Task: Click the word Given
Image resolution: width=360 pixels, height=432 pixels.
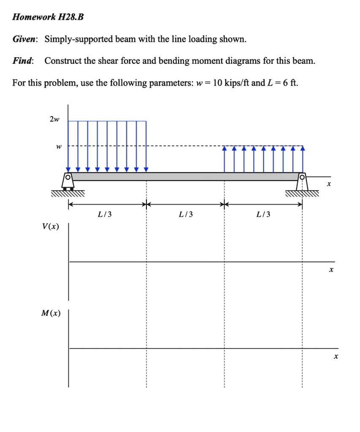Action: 25,40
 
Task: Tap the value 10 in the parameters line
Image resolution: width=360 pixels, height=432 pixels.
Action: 218,82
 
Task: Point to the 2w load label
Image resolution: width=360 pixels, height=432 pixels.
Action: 54,119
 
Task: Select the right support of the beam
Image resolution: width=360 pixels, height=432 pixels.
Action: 302,181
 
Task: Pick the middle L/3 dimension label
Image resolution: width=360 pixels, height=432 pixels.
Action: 186,214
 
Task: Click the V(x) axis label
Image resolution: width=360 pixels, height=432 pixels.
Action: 51,227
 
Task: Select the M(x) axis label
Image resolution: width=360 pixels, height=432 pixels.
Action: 51,313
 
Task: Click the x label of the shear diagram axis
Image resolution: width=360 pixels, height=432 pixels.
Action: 332,269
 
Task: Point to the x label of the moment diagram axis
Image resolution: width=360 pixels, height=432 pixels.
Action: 336,357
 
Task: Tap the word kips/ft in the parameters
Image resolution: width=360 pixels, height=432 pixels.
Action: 237,82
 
